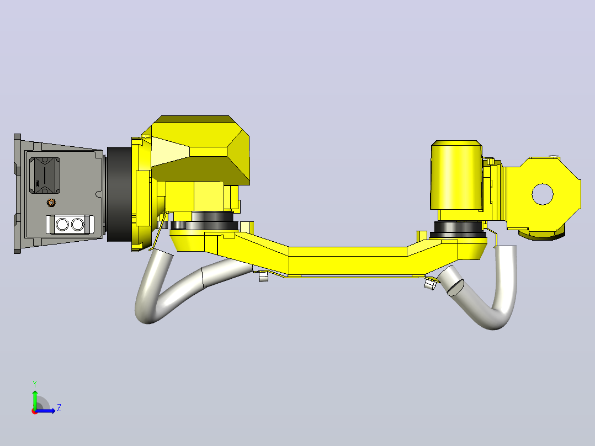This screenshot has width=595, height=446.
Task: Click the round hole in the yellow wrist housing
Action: click(x=542, y=194)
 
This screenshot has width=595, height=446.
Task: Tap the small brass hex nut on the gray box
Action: click(x=51, y=203)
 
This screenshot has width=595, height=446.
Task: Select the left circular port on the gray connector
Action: click(x=62, y=225)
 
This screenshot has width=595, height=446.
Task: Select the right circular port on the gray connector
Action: click(x=77, y=225)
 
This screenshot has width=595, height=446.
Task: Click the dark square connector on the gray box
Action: click(x=45, y=175)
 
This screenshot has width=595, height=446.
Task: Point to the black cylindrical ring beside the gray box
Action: click(x=119, y=194)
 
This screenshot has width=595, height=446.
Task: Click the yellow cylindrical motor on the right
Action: click(x=456, y=175)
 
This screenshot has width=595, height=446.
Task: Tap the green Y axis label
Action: click(x=35, y=384)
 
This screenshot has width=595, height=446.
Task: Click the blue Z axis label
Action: click(x=59, y=408)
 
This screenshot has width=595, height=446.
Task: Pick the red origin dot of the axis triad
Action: click(x=35, y=411)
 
